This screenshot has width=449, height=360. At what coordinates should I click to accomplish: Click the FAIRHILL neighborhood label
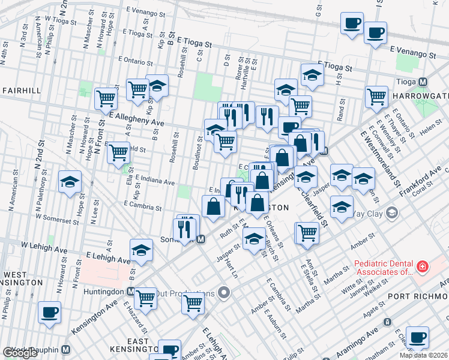point(21,90)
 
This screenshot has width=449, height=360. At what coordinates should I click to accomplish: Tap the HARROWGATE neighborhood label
point(420,96)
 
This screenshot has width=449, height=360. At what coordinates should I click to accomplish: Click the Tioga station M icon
point(423,82)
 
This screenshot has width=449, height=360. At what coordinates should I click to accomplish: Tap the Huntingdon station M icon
point(130,291)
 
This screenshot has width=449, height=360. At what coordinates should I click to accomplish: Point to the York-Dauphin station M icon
point(66,349)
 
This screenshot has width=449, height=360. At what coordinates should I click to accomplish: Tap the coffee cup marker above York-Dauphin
point(50,313)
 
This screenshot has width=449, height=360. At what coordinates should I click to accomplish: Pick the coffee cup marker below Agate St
point(417,338)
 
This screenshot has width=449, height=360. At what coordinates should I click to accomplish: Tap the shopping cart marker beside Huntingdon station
point(146,298)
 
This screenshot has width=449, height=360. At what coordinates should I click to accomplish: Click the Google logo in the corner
point(20,353)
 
